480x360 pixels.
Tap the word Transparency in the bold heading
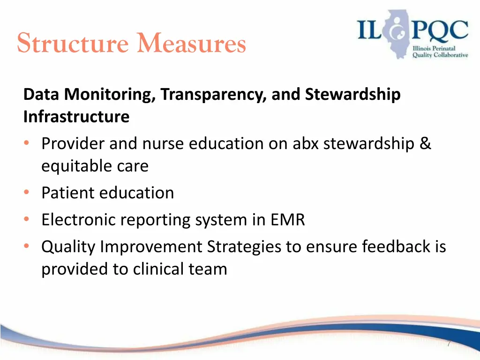[x=214, y=95]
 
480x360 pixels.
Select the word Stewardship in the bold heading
[x=353, y=95]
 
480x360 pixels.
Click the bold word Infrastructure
[x=76, y=117]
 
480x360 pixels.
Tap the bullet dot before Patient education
[x=27, y=193]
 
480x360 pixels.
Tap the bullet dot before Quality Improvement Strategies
[x=27, y=247]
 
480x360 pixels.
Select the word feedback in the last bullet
[x=394, y=247]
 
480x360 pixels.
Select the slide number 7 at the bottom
[x=449, y=344]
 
